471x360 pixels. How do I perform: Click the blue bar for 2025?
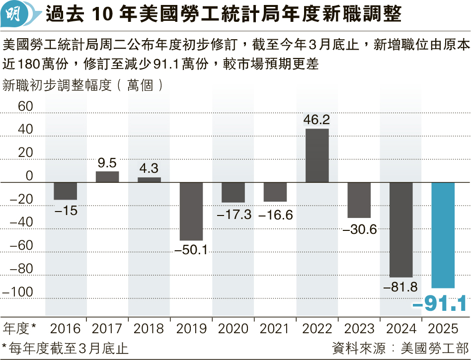point(443,235)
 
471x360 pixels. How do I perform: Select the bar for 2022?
point(317,155)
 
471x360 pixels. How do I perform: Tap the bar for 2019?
point(191,212)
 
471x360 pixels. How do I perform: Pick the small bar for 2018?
point(149,180)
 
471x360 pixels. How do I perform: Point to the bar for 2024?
point(401,230)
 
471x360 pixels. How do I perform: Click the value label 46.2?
point(317,120)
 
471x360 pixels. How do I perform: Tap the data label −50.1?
point(191,250)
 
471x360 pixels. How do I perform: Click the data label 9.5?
point(107,162)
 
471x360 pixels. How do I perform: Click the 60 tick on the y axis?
point(25,106)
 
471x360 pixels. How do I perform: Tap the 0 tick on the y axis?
point(28,176)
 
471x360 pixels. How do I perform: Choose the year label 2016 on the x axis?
point(66,328)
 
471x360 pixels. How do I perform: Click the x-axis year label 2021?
point(275,328)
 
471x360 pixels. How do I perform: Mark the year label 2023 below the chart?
point(359,328)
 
